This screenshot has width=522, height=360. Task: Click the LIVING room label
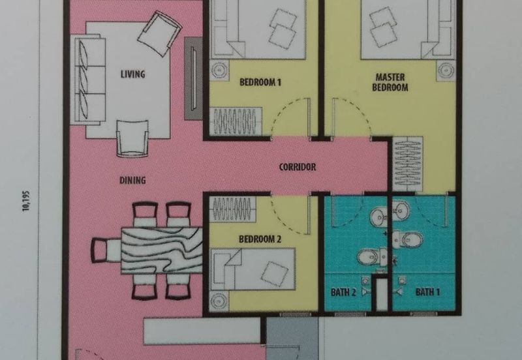132,74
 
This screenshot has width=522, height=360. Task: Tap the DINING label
132,180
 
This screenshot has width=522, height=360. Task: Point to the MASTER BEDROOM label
390,82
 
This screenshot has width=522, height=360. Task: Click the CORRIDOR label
298,167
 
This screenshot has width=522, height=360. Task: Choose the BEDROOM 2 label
260,239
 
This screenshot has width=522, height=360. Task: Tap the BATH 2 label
343,292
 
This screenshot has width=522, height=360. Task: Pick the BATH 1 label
427,292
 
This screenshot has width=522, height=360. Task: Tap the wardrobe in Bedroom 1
234,122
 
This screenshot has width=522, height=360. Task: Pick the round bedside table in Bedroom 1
219,68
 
